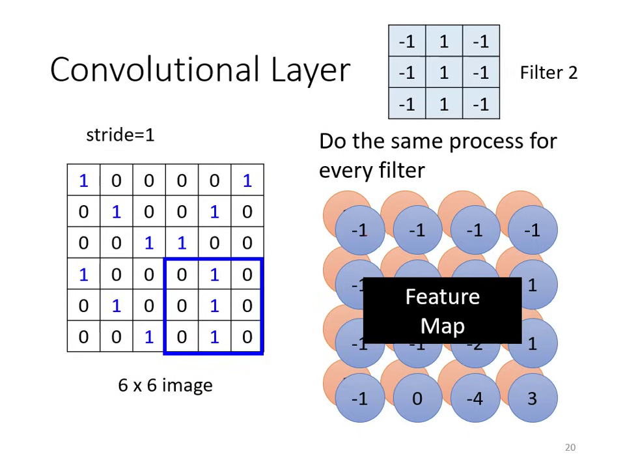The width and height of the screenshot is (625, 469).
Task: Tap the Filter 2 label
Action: (548, 72)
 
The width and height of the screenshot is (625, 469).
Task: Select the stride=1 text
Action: (120, 135)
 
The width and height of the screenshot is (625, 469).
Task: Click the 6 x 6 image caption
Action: (165, 385)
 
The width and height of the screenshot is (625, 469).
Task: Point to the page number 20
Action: (570, 448)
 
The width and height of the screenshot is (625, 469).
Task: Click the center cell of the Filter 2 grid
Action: (444, 72)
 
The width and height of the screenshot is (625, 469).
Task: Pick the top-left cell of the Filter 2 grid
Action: (407, 42)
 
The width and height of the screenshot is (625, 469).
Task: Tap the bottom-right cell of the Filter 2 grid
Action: (481, 104)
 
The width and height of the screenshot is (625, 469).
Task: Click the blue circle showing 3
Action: (532, 398)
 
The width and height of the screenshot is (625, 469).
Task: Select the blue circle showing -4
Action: (475, 398)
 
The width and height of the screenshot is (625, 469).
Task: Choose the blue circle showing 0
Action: (417, 398)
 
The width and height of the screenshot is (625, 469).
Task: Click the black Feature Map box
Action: (442, 311)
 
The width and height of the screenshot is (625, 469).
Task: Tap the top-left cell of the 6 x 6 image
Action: (83, 180)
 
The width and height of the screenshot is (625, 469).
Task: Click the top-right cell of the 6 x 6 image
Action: (247, 180)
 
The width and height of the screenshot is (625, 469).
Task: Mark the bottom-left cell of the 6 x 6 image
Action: (83, 336)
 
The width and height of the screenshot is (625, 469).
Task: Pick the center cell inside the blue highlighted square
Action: (214, 306)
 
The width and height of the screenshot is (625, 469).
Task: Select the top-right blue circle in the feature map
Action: (532, 229)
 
